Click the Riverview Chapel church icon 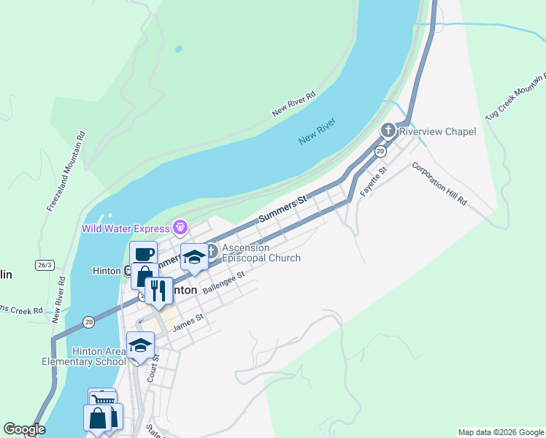coord(388,131)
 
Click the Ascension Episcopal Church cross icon coord(212,252)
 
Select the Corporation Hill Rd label coord(439,182)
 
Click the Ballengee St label coord(223,280)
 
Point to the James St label coord(188,322)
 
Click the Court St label coord(153,369)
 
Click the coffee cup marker coord(144,255)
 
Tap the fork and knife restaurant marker coord(158,291)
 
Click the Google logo coord(24,429)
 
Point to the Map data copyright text coord(501,432)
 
